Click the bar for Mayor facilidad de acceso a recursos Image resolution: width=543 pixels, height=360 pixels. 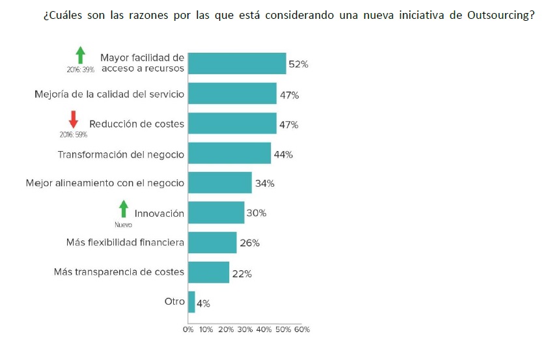[x=237, y=63]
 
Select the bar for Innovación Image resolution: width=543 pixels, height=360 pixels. [x=216, y=213]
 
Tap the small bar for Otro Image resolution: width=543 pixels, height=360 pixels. [x=191, y=302]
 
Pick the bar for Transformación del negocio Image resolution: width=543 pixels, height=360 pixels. [x=229, y=154]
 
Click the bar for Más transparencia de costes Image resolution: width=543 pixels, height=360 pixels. [x=208, y=272]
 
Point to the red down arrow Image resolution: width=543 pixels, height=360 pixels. [x=74, y=119]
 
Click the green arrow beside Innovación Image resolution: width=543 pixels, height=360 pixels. [x=123, y=209]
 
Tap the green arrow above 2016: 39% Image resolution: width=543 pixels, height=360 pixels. [x=80, y=55]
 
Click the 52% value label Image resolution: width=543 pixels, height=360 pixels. [x=298, y=64]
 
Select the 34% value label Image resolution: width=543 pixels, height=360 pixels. [x=265, y=184]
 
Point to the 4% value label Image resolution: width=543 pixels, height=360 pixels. [x=203, y=303]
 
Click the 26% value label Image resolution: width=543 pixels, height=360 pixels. [x=249, y=243]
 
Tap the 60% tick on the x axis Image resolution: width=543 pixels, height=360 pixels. [x=301, y=329]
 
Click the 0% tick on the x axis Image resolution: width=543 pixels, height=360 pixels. [x=188, y=329]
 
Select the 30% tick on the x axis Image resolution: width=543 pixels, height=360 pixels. [x=245, y=329]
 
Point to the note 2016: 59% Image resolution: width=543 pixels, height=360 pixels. [x=73, y=135]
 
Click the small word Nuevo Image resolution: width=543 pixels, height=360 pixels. [x=123, y=225]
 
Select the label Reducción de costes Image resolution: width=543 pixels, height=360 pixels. [x=137, y=124]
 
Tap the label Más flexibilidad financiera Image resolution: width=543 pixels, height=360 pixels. [x=125, y=243]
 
